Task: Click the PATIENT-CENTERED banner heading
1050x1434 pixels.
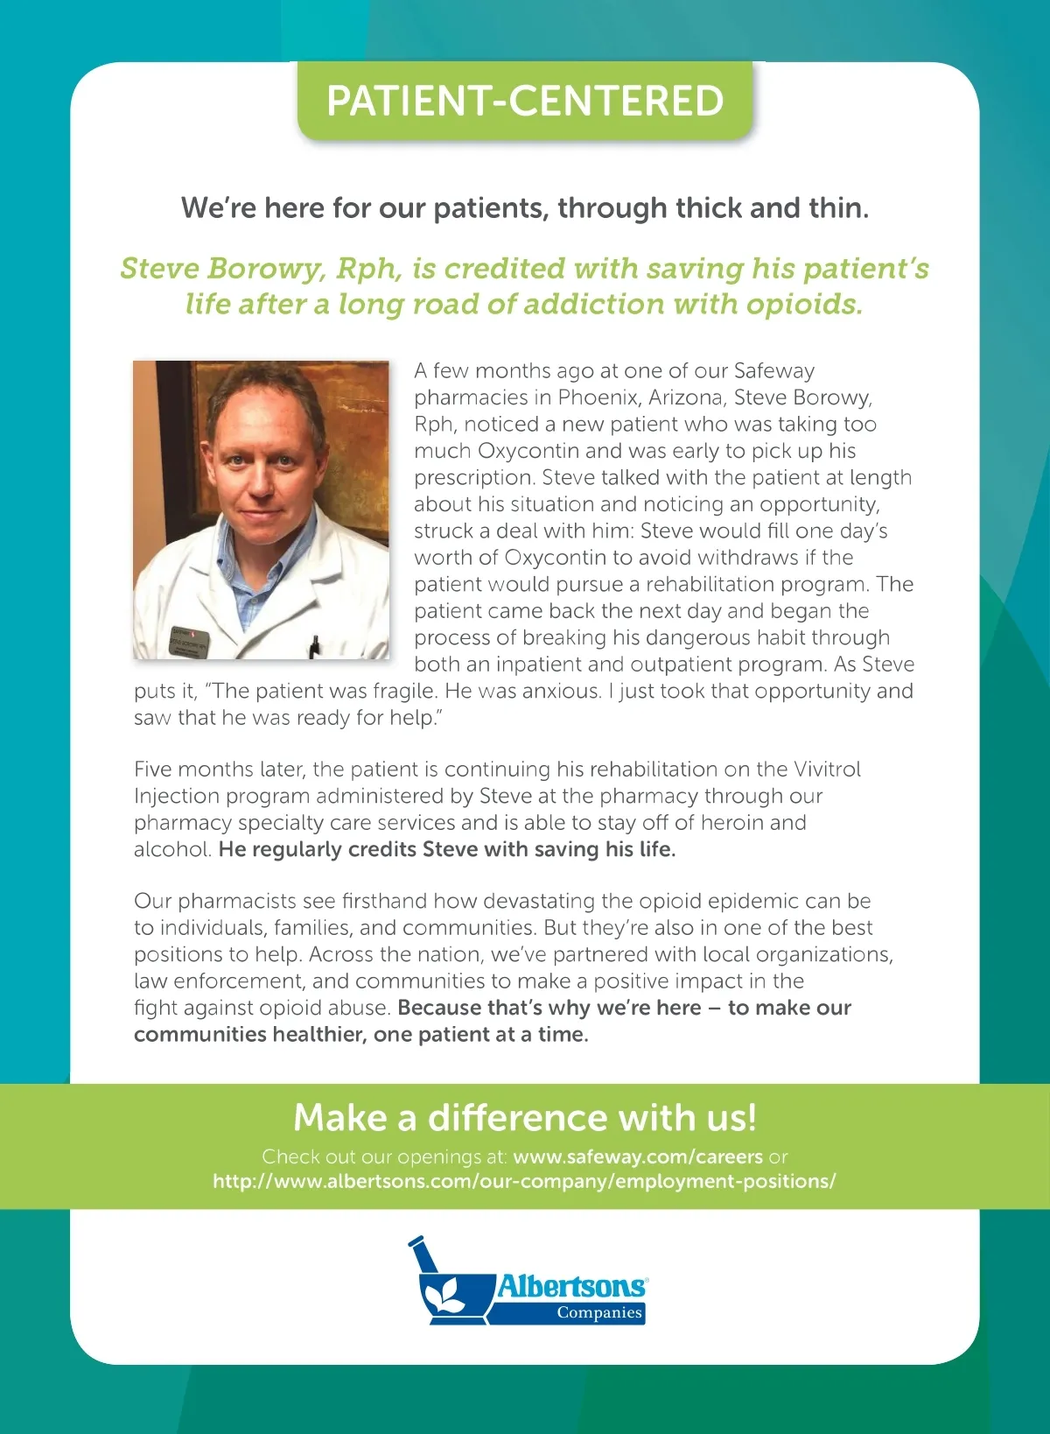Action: [x=525, y=101]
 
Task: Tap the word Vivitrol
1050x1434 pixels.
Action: [x=827, y=770]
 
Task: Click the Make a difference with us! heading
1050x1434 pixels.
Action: [x=525, y=1118]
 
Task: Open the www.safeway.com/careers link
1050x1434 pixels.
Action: [x=638, y=1157]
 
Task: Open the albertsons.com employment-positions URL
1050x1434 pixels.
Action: [x=524, y=1182]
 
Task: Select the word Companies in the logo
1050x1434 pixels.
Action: [x=599, y=1312]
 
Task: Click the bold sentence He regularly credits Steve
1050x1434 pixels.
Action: [x=447, y=850]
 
